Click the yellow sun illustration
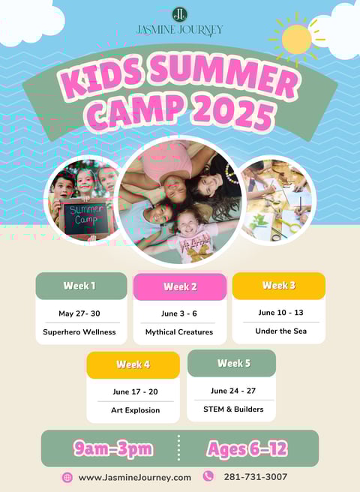coord(296,39)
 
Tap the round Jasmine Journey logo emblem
coord(179,15)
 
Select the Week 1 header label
coord(79,286)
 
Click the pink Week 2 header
coord(180,286)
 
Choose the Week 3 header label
coord(279,285)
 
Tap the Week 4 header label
coord(133,364)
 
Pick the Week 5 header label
coord(234,363)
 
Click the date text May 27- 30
coord(79,313)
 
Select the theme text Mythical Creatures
coord(179,332)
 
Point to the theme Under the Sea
coord(281,331)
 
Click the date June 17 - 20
coord(135,391)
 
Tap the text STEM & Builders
coord(233,409)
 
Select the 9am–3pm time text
coord(113,448)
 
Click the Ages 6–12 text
coord(247,449)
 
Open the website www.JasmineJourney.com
coord(135,478)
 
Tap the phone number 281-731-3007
coord(256,477)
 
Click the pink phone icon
coord(208,476)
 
